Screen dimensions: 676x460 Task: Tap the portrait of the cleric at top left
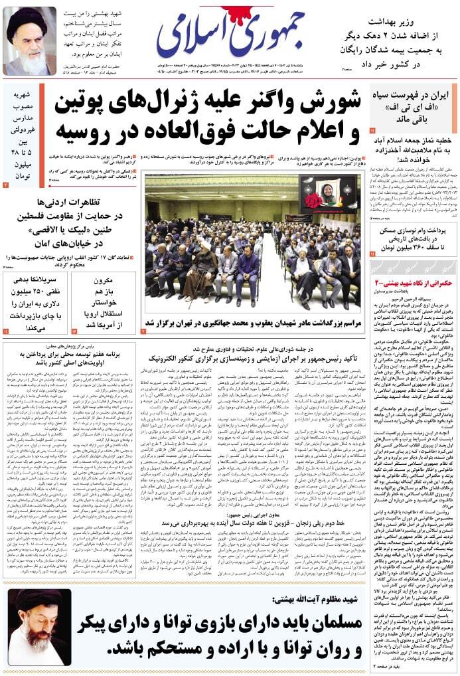(x=30, y=41)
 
